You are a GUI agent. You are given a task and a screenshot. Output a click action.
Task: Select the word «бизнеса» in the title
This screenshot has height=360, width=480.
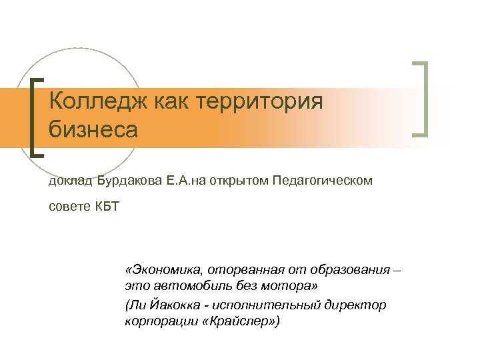(x=93, y=129)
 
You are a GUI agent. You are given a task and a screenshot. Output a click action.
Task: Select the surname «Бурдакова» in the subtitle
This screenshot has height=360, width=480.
(x=129, y=181)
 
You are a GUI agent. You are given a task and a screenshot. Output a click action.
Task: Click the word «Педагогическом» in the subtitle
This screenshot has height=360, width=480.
(x=323, y=181)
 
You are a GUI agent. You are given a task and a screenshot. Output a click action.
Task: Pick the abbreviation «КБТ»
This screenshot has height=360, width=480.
(x=105, y=206)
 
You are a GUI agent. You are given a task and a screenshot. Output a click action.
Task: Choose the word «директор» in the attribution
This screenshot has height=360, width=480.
(x=359, y=305)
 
